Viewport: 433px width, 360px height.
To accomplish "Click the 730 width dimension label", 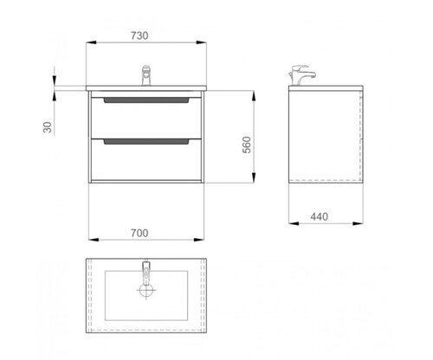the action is point(139,35).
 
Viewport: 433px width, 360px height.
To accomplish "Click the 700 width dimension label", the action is point(139,233).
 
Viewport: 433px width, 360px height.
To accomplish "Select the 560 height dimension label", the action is point(247,145).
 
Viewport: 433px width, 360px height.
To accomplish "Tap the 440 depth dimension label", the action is point(320,216).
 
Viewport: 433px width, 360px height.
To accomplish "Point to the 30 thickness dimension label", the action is point(48,127).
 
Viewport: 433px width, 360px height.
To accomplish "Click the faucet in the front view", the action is point(146,75).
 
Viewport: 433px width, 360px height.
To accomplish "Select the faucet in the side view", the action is point(302,75).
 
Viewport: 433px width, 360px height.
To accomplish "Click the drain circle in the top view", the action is point(146,290).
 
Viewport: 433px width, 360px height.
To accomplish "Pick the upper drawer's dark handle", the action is point(146,100).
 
